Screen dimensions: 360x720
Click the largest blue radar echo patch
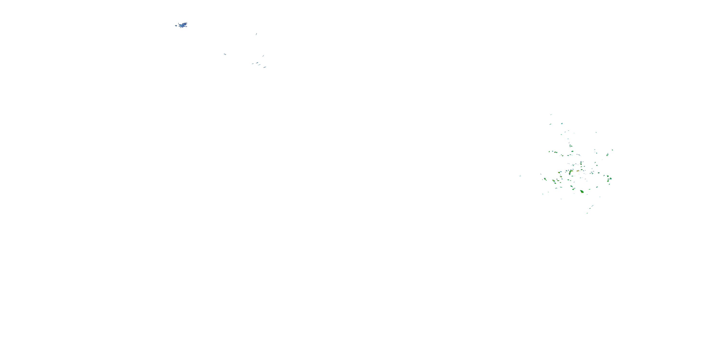(x=183, y=25)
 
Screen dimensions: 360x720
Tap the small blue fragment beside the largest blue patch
(x=176, y=26)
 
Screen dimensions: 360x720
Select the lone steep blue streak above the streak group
(x=256, y=34)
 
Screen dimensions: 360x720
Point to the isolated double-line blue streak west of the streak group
(x=225, y=54)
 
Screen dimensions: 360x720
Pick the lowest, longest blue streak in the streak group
(x=264, y=67)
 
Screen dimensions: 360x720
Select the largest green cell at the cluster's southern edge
(x=582, y=192)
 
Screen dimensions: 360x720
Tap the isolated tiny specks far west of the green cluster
(x=520, y=176)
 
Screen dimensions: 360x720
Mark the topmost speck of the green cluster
(x=551, y=114)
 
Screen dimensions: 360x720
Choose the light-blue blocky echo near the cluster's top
(x=562, y=123)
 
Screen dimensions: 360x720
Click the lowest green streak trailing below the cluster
(x=587, y=213)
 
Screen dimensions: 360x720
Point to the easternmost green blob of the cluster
(x=612, y=150)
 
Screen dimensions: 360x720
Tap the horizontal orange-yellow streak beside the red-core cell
(x=577, y=171)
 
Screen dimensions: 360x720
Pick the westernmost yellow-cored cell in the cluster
(x=553, y=181)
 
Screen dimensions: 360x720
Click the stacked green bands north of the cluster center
(x=570, y=146)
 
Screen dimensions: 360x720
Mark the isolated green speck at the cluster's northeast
(x=596, y=132)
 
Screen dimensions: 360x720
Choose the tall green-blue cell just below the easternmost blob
(x=607, y=154)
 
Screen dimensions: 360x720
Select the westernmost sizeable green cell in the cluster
(x=545, y=179)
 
